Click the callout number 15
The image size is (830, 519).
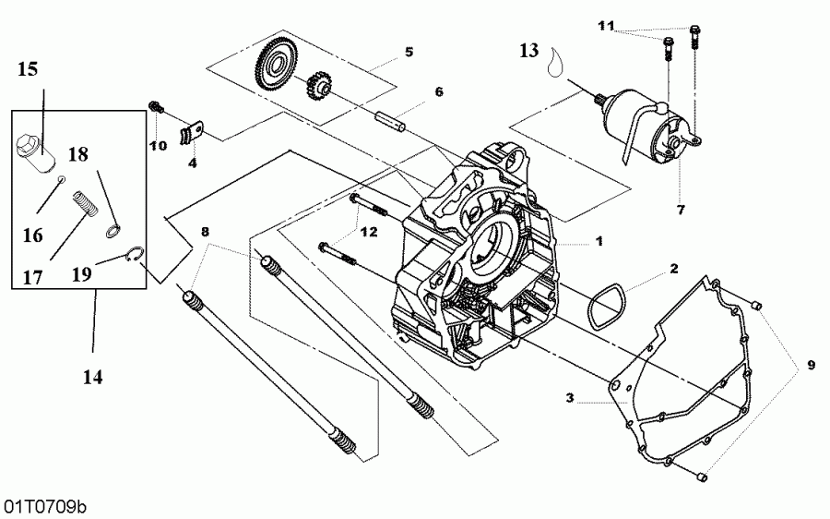point(28,68)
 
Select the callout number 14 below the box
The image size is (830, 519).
point(93,377)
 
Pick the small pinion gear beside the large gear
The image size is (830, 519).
point(319,90)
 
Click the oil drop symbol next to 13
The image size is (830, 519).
point(555,63)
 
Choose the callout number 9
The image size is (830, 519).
point(811,365)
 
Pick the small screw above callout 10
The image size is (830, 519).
point(156,109)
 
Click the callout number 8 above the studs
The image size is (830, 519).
point(205,230)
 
